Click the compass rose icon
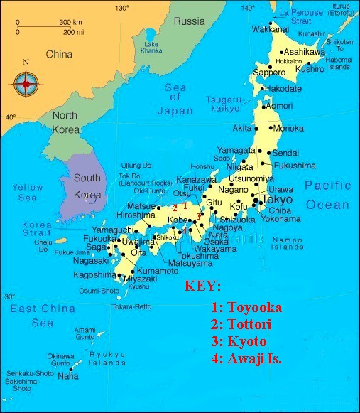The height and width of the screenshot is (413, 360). [26, 85]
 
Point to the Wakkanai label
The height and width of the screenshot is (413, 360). [271, 28]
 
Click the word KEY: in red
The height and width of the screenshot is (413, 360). [203, 286]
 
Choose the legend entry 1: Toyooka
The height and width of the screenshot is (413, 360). [246, 308]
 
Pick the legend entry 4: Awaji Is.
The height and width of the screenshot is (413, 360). [246, 358]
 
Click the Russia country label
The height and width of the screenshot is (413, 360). [189, 21]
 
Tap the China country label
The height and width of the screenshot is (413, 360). [59, 54]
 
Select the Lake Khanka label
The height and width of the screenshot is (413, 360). [151, 47]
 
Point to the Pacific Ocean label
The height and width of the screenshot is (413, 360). [327, 195]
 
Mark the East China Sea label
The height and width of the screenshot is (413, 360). [42, 315]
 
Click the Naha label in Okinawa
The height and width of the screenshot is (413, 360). [68, 375]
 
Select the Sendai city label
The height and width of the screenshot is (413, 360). [286, 153]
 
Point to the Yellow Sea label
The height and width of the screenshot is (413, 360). [28, 193]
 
